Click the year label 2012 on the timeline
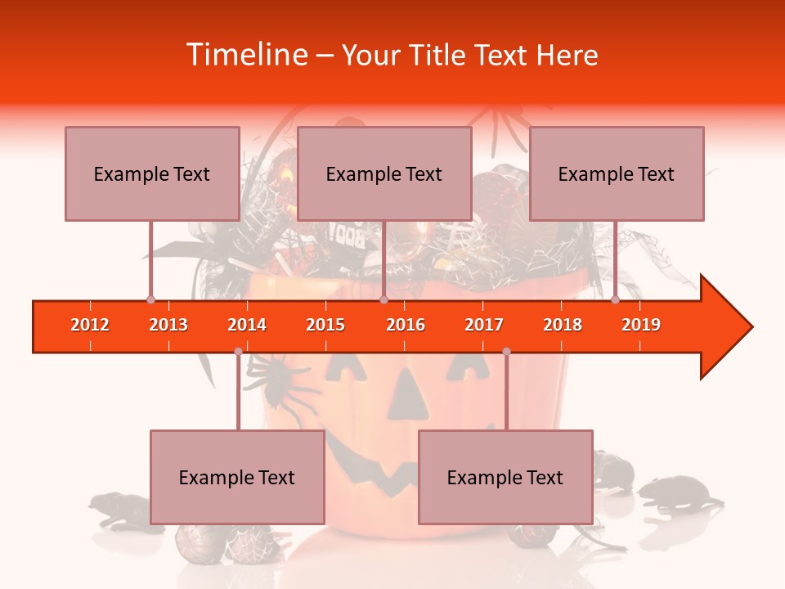(90, 325)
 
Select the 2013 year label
(168, 325)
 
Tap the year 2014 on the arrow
(247, 325)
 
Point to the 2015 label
(325, 325)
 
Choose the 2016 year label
(406, 325)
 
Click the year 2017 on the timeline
(484, 325)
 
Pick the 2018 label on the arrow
(563, 325)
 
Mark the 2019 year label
(641, 325)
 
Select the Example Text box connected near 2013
(152, 173)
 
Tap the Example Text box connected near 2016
(384, 173)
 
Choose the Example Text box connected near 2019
(617, 173)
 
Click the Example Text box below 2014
(237, 477)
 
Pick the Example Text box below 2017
(505, 477)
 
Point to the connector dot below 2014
(238, 352)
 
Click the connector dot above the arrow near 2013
(150, 299)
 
